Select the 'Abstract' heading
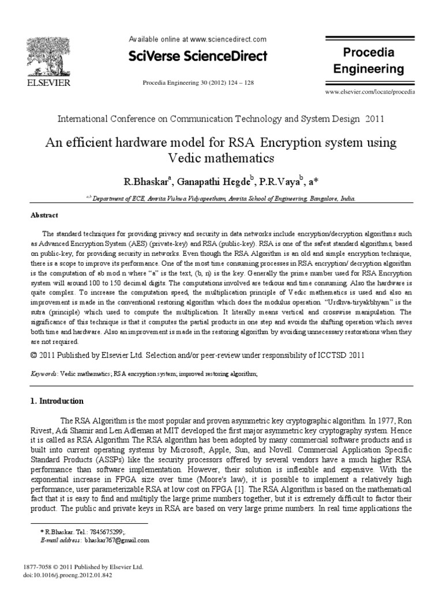[44, 215]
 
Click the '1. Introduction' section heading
[57, 401]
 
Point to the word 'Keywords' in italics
[44, 374]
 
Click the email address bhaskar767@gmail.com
[117, 540]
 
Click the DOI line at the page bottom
[65, 574]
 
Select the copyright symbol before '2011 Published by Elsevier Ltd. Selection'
[34, 355]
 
